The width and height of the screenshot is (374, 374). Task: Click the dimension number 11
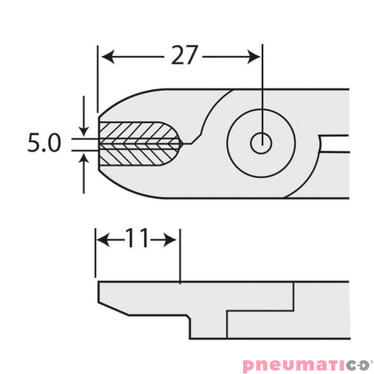[x=137, y=240]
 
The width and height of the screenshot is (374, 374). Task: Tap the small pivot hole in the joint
[x=261, y=143]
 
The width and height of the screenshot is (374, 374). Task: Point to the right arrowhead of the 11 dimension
[x=175, y=240]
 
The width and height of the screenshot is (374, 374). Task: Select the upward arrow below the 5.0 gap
[x=84, y=159]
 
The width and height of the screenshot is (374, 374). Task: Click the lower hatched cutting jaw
[x=135, y=156]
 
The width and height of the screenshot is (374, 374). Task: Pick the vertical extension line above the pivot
[x=261, y=90]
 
